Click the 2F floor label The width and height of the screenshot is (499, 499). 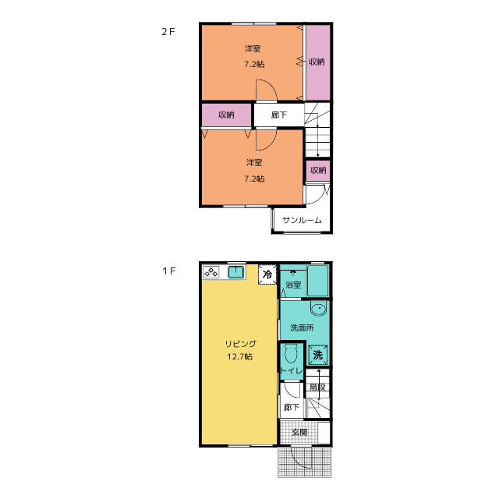tap(168, 32)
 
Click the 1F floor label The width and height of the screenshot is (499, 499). tap(169, 271)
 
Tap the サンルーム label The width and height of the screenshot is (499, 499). tap(302, 220)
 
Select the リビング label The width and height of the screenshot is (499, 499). tap(240, 344)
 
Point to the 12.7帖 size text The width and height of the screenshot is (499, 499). tap(240, 356)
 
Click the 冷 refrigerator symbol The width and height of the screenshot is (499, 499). tap(267, 274)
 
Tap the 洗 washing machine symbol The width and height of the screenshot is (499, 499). tap(317, 355)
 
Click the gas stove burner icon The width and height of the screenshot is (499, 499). tap(211, 273)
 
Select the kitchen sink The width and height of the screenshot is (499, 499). tap(235, 272)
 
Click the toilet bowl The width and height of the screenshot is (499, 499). tap(291, 354)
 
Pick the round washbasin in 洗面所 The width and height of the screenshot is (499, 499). tap(318, 309)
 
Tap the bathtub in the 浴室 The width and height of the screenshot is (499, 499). tap(318, 281)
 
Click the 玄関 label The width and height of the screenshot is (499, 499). tap(299, 432)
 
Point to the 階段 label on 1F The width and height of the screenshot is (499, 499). tap(317, 387)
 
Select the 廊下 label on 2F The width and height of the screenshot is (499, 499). tap(279, 115)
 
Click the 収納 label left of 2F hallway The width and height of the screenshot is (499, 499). tap(226, 115)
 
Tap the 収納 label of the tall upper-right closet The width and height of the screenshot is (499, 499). tap(317, 62)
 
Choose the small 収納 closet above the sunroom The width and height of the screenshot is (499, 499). tap(318, 171)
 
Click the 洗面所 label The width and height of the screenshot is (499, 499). tap(302, 327)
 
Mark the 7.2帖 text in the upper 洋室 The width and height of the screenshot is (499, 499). tap(254, 64)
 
